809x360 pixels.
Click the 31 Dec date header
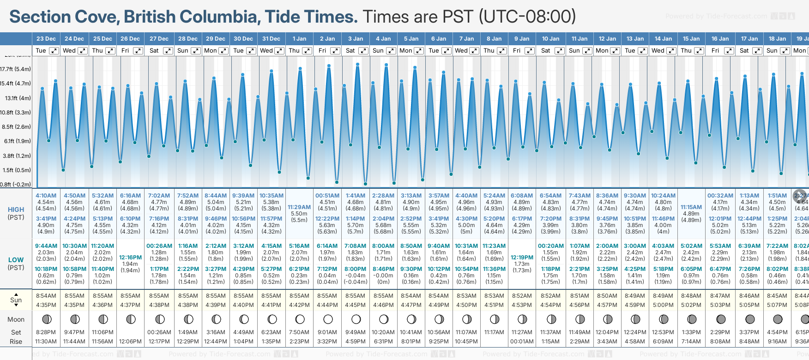tap(271, 39)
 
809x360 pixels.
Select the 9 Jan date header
tap(522, 39)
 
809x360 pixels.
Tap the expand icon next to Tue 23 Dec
tap(54, 51)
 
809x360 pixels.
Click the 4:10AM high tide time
tap(46, 196)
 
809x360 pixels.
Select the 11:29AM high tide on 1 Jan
tap(299, 207)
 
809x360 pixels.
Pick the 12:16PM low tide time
tap(130, 258)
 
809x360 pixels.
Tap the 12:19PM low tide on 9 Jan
tap(522, 258)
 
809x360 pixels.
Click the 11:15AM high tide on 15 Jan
tap(691, 207)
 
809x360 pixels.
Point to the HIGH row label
tap(16, 210)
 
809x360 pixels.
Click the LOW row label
tap(16, 260)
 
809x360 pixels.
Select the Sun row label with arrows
tap(16, 300)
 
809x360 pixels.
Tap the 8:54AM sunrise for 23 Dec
tap(46, 296)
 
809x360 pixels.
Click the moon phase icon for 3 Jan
tap(356, 319)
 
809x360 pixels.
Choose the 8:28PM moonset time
tap(46, 332)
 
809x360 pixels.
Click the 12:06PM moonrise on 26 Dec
tap(130, 342)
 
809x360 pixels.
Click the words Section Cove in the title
tap(65, 17)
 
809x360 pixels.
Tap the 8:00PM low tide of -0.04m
tap(356, 269)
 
